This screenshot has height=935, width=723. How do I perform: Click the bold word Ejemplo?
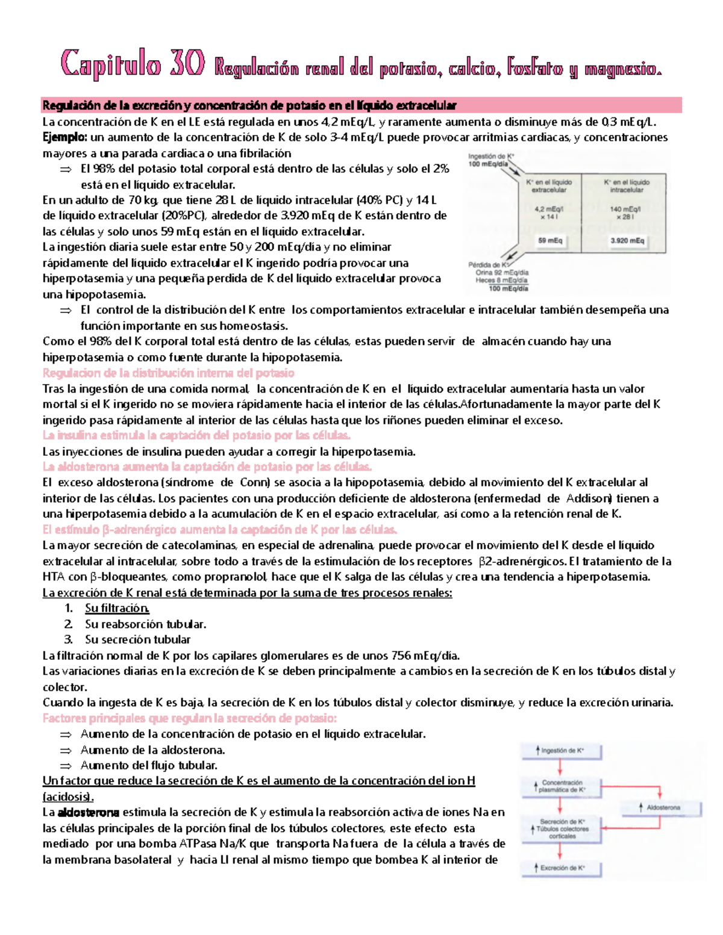coord(65,137)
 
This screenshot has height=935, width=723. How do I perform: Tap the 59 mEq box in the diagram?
coord(549,241)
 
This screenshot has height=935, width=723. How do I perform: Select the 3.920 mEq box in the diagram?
coord(627,241)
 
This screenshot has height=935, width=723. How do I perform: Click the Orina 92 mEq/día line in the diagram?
coord(501,273)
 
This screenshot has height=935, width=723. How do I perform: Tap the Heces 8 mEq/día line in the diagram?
coord(501,281)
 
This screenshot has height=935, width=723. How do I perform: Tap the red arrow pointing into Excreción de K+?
coord(560,850)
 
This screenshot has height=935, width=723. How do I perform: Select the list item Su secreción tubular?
coord(137,639)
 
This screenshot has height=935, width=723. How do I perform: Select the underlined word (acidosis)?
coord(68,797)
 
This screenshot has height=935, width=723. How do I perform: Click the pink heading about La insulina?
coord(196,435)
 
